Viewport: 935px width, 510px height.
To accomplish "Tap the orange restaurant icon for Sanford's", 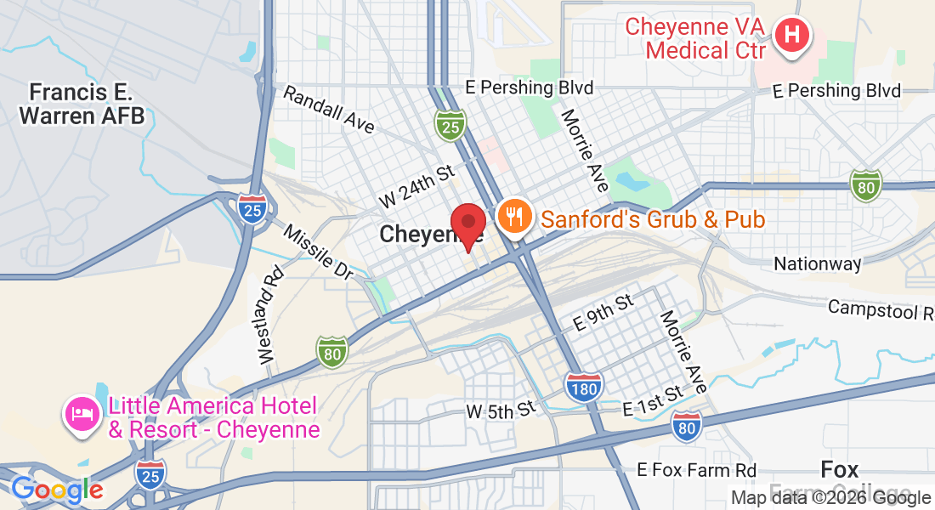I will pos(514,218).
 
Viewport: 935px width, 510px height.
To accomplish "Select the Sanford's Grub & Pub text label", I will pos(653,220).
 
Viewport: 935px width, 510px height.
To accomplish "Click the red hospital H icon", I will pos(792,37).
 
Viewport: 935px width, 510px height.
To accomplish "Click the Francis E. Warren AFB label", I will pos(82,104).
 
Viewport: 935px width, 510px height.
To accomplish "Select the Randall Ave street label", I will pos(329,110).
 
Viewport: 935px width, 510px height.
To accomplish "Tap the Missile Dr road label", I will pos(318,252).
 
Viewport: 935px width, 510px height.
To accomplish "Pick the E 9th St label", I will pos(603,313).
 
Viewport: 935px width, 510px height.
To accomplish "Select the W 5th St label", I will pos(501,411).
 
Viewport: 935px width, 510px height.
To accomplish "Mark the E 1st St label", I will pos(653,401).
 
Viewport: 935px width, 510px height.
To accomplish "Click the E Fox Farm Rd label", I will pos(697,470).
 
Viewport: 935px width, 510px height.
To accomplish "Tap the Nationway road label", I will pos(817,264).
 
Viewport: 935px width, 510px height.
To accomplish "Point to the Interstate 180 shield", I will pos(584,387).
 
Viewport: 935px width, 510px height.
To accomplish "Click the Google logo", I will pos(57,490).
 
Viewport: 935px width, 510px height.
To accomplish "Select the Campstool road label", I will pos(881,309).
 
